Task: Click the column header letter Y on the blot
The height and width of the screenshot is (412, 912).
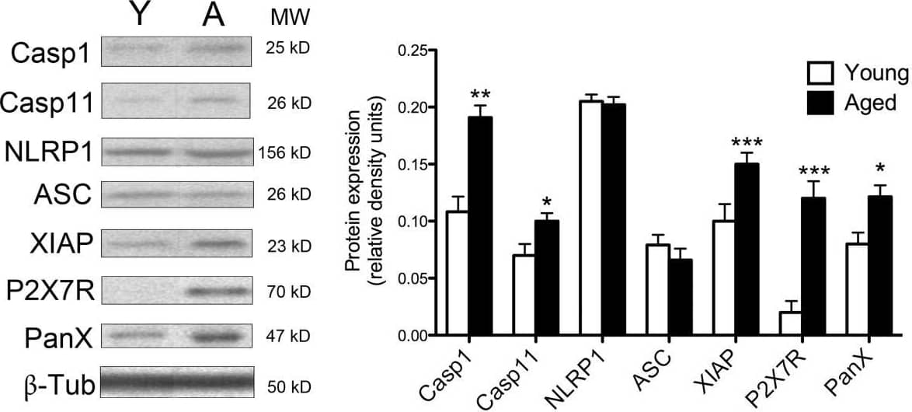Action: pyautogui.click(x=137, y=16)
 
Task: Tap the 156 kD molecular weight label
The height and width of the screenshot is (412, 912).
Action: pyautogui.click(x=284, y=152)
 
